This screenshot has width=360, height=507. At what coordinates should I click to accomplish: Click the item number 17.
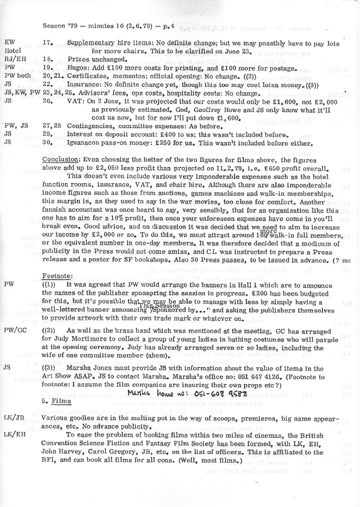pos(47,43)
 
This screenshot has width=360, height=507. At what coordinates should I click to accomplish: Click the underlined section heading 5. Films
pos(54,401)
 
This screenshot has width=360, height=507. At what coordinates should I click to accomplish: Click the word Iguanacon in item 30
pos(86,142)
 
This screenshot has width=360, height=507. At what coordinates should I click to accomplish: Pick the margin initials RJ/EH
pos(13,58)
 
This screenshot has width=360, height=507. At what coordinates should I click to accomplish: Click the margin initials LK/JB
pos(13,418)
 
